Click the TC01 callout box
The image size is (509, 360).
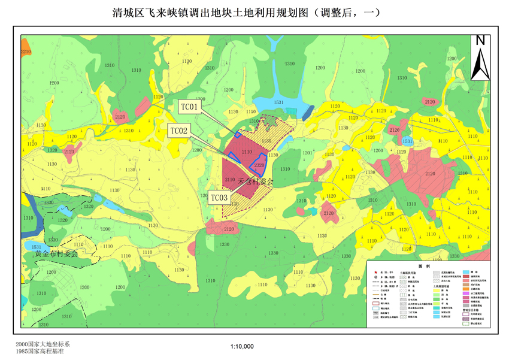(x=189, y=107)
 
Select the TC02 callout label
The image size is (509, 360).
(x=178, y=131)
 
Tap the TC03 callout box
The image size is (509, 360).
(x=219, y=197)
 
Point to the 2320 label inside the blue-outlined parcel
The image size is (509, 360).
(x=259, y=165)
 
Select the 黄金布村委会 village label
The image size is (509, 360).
(x=57, y=253)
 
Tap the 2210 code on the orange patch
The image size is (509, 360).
(x=25, y=53)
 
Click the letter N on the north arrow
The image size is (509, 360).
(x=480, y=41)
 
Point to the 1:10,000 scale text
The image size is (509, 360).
(x=242, y=346)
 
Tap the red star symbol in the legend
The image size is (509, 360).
(x=375, y=272)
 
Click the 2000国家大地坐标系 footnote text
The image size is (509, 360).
(x=43, y=344)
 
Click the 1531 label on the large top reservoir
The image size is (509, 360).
(x=278, y=102)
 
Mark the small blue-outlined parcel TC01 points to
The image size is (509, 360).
(x=238, y=134)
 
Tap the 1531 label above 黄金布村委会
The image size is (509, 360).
(x=37, y=247)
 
